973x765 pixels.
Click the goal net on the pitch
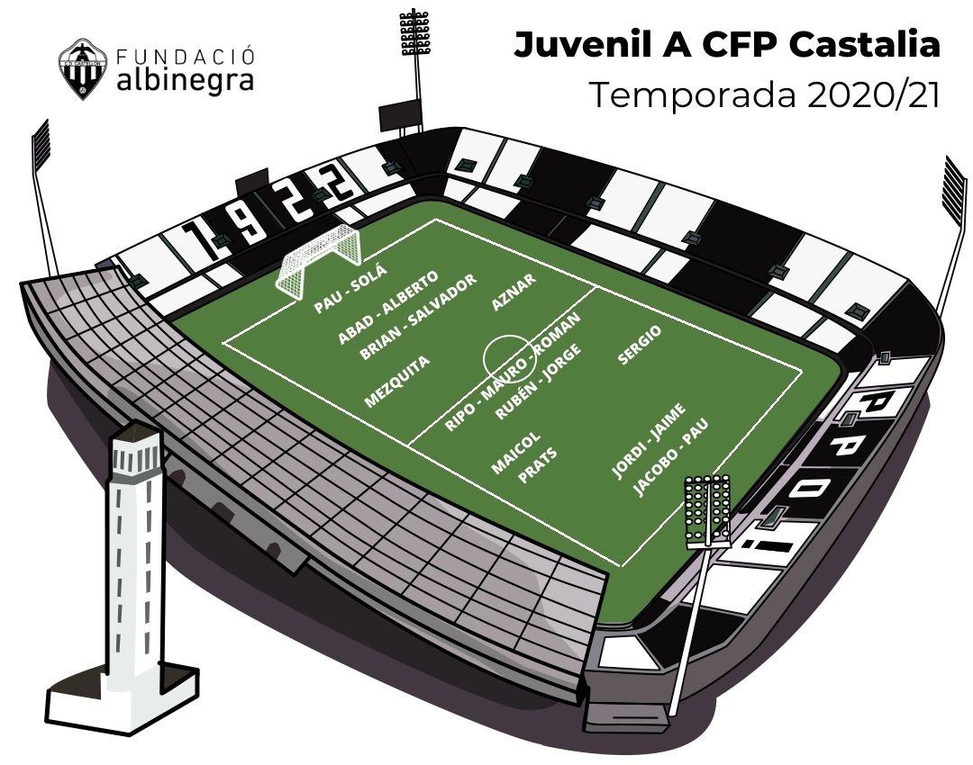[x=318, y=260]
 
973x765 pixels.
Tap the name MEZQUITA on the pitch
[x=396, y=382]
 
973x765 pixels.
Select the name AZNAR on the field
[x=514, y=292]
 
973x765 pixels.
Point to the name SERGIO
[x=640, y=345]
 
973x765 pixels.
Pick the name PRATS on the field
[x=537, y=465]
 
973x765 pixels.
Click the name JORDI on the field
[x=629, y=461]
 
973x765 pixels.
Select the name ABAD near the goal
[x=356, y=328]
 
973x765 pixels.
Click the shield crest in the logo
[x=78, y=68]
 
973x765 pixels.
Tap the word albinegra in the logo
[x=185, y=81]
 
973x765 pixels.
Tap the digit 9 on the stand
[x=250, y=220]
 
